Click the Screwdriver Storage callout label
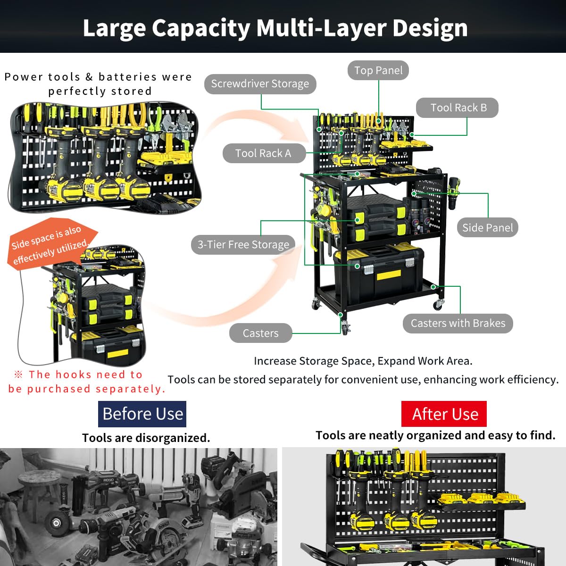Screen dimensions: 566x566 coord(260,84)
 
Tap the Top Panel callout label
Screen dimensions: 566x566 coord(378,70)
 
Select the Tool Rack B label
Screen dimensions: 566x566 coord(458,108)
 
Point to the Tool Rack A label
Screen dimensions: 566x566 coord(263,153)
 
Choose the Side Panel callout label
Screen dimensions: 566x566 coord(487,228)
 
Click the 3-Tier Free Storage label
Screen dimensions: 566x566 coord(243,245)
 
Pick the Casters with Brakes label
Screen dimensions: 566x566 coord(458,324)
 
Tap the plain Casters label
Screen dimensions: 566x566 coord(260,333)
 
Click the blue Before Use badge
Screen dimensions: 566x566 coord(142,414)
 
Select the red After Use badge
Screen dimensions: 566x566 coord(445,414)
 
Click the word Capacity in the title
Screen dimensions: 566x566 coord(201,28)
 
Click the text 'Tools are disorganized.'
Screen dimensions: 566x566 coord(146,438)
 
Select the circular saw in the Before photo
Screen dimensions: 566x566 coord(160,533)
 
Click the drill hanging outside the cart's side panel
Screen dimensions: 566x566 coord(455,193)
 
